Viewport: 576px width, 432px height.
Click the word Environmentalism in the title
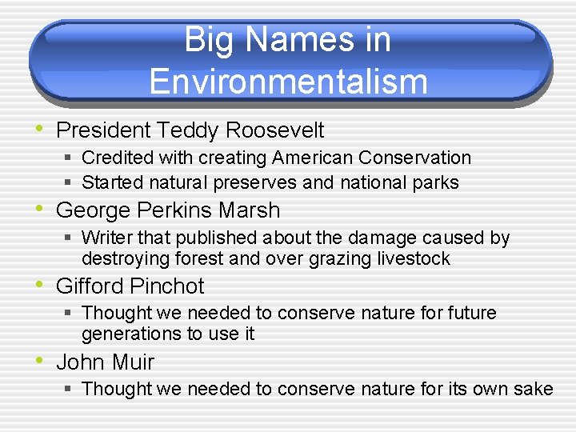288,82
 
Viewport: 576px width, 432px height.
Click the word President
104,130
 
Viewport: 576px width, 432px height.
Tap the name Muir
133,362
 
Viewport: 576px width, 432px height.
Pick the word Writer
107,238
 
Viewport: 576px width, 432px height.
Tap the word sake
533,389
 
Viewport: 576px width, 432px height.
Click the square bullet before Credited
70,158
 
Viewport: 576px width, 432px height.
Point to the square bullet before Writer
70,238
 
